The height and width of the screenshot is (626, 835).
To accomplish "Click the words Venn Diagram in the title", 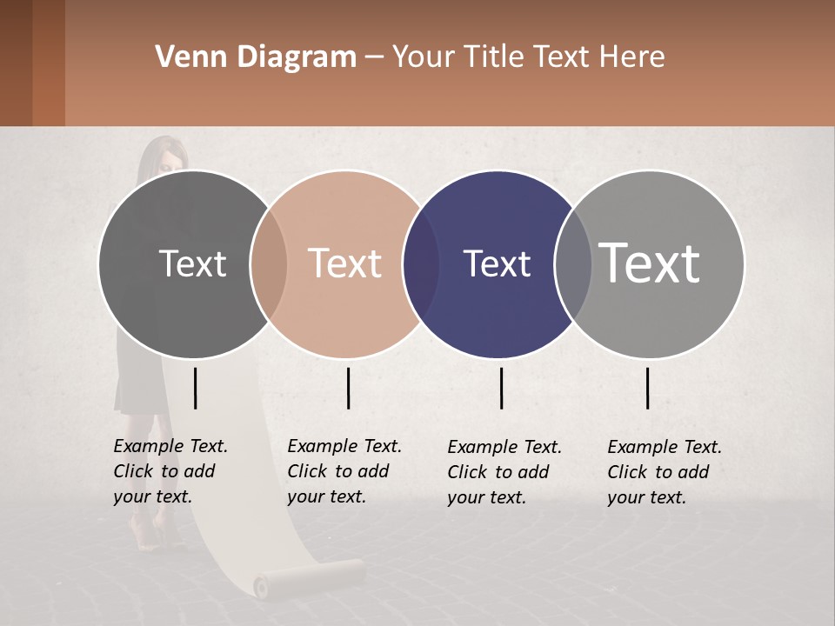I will (x=256, y=57).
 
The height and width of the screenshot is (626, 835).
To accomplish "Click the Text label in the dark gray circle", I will (x=192, y=264).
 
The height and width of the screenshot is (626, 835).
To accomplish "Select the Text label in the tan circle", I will (x=344, y=264).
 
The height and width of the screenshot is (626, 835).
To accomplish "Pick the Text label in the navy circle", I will (x=497, y=264).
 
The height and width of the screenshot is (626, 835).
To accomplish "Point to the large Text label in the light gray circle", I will (x=650, y=263).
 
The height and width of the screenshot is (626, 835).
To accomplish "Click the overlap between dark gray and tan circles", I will (x=269, y=264).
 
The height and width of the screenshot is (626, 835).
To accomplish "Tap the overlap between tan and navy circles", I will (x=422, y=264).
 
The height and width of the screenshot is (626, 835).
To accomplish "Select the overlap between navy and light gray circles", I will (x=573, y=264).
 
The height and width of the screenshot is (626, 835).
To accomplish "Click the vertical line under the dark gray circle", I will (x=196, y=388).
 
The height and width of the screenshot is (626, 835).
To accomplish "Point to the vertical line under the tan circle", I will (x=348, y=388).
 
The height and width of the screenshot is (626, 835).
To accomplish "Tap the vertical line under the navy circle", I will (x=501, y=388).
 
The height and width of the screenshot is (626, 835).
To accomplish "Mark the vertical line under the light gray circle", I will (x=648, y=388).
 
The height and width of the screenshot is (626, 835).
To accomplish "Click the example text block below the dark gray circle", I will (x=170, y=471).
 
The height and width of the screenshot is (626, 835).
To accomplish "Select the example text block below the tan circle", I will (x=344, y=471).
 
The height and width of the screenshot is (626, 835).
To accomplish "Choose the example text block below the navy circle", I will (x=504, y=472).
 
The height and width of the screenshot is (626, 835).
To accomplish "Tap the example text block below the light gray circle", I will (x=665, y=472).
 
